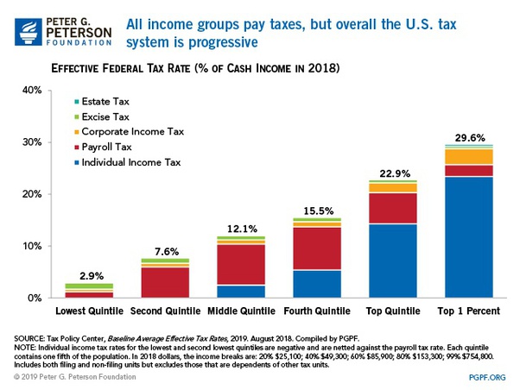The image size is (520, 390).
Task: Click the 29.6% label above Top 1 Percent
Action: click(x=463, y=135)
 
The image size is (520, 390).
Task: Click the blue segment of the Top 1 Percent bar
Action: click(x=463, y=237)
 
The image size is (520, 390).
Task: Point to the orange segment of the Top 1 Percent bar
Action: click(x=463, y=157)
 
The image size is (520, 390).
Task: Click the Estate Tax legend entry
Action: click(x=106, y=101)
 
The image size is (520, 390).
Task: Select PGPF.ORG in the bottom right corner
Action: click(x=488, y=377)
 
